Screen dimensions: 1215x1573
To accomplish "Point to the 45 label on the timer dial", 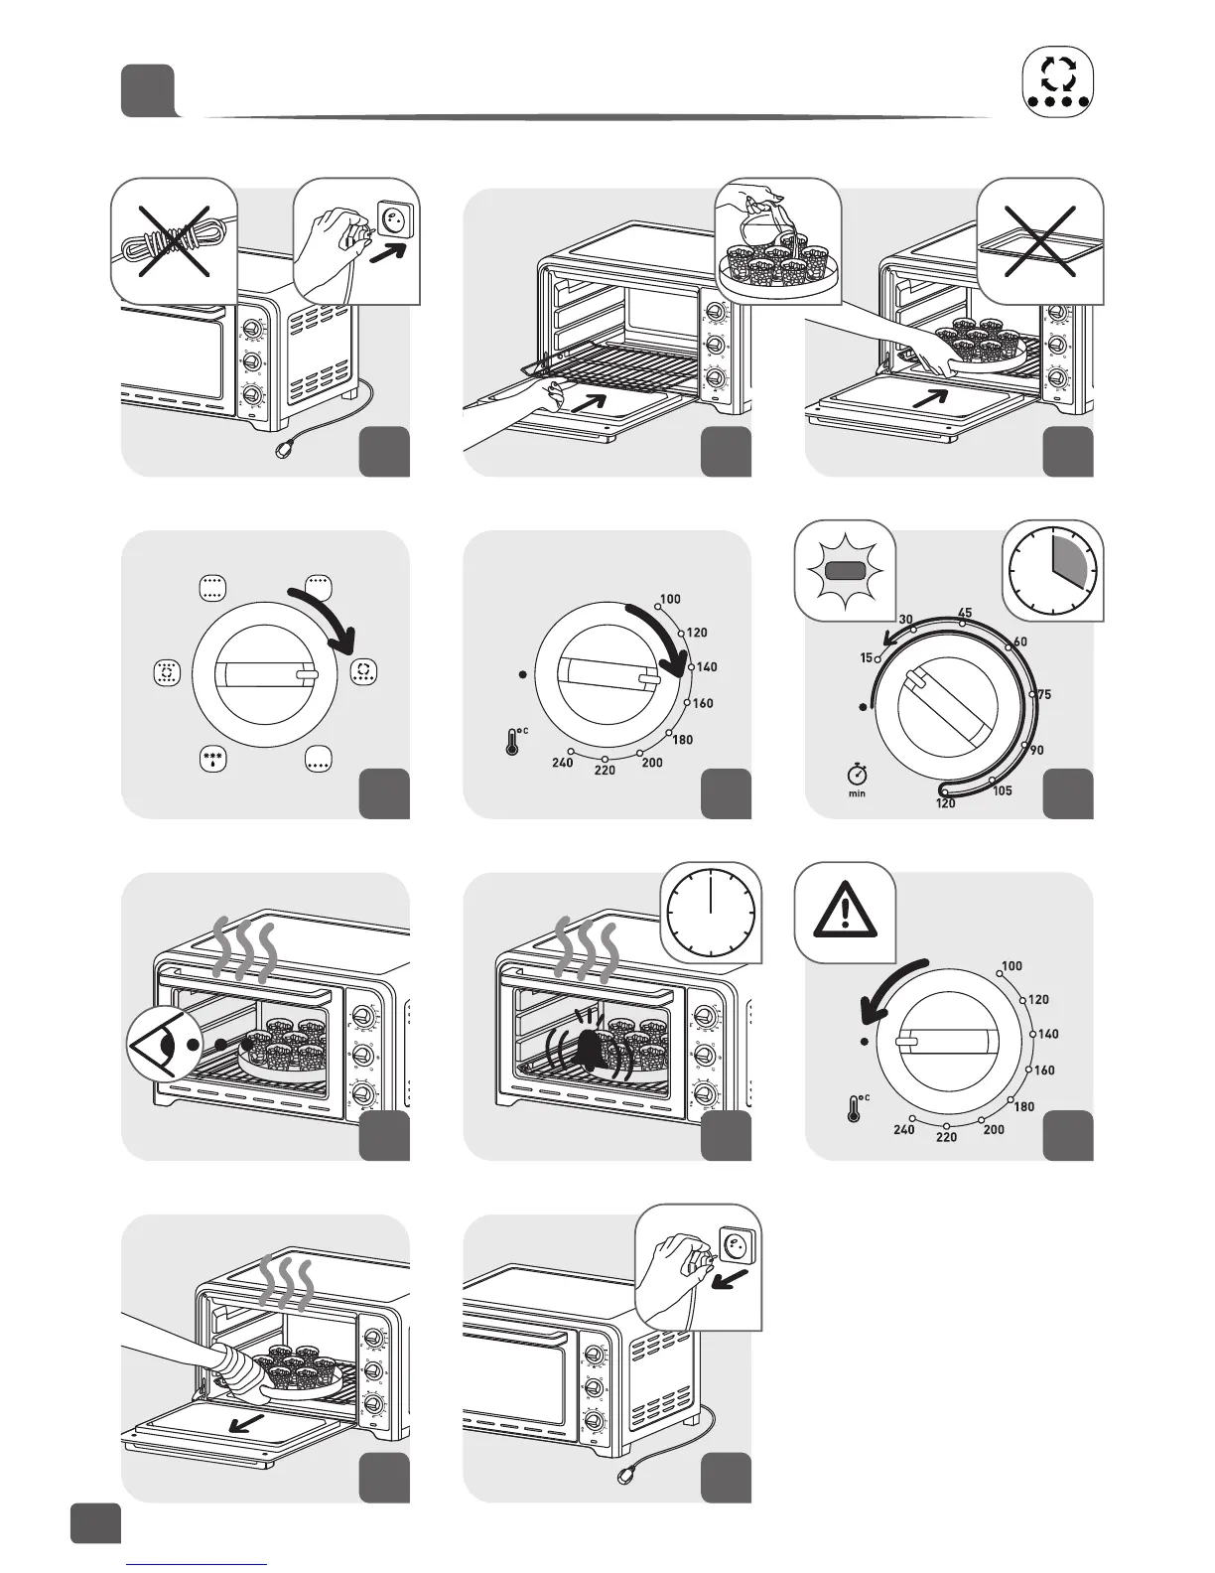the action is pyautogui.click(x=964, y=613).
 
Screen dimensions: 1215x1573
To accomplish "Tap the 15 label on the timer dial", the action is pyautogui.click(x=867, y=657).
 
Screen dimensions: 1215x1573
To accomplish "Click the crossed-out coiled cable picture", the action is pyautogui.click(x=173, y=240).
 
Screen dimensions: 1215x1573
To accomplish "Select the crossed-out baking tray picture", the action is pyautogui.click(x=1040, y=240).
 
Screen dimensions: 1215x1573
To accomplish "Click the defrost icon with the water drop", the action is pyautogui.click(x=213, y=760).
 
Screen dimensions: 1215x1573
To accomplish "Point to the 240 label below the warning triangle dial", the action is pyautogui.click(x=904, y=1129).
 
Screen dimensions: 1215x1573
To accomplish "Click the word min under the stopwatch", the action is pyautogui.click(x=857, y=793).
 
